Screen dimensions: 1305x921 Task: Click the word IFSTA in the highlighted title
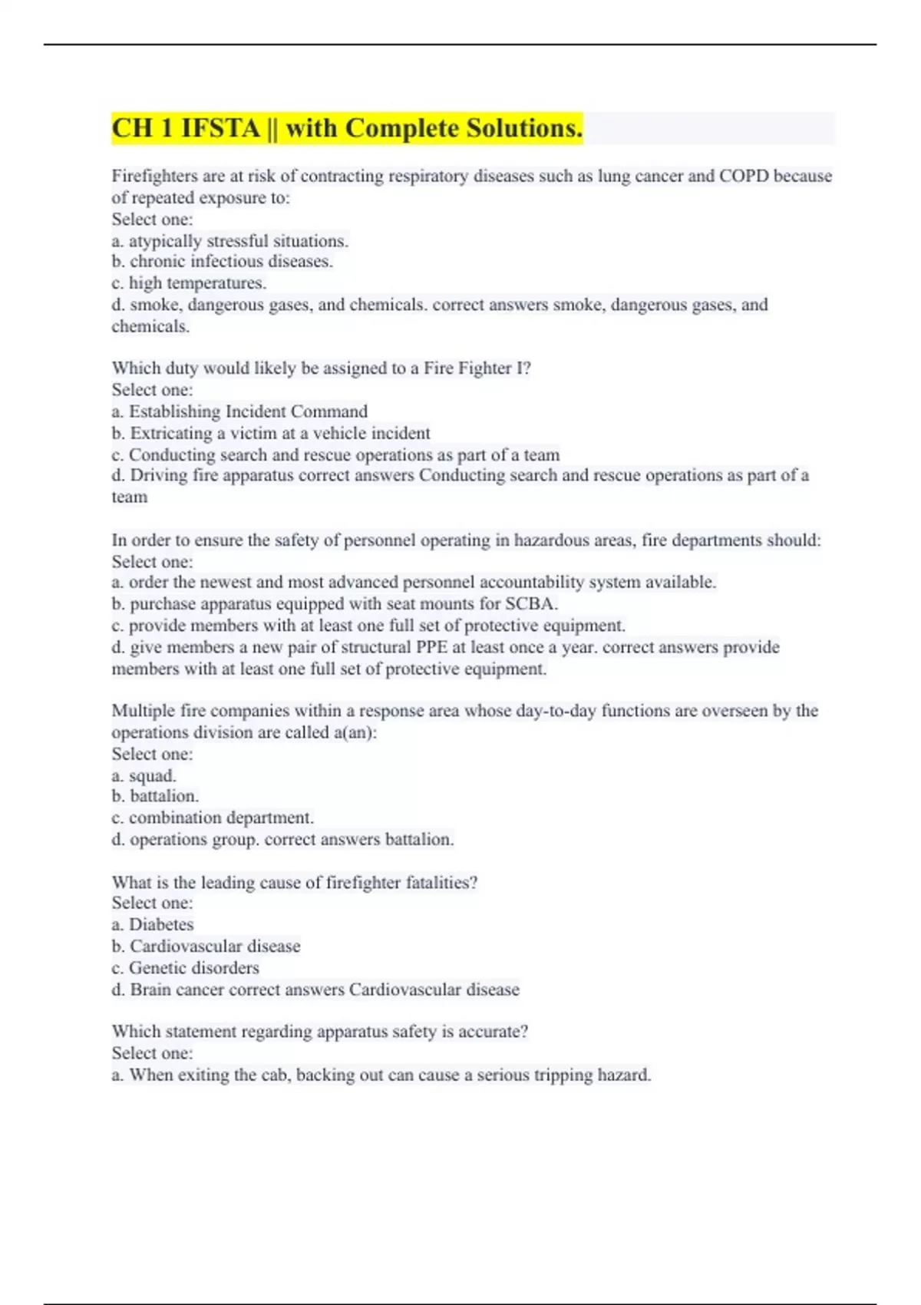click(220, 128)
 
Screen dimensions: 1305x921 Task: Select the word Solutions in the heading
click(520, 128)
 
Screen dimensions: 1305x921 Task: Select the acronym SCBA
click(531, 603)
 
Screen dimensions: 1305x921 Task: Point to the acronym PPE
click(431, 647)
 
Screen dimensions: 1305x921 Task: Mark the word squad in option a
click(153, 775)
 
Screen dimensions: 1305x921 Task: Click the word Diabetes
click(161, 924)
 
